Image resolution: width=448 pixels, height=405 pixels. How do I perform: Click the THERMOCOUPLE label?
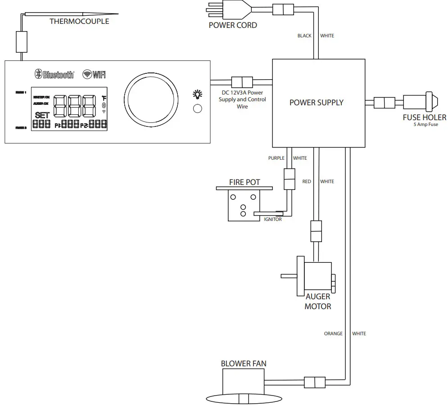79,21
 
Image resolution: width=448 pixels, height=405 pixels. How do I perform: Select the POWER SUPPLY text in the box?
316,103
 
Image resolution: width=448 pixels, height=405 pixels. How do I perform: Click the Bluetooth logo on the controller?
54,74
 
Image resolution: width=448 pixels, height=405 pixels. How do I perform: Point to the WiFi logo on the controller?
95,74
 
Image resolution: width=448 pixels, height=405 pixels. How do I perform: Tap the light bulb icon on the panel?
197,94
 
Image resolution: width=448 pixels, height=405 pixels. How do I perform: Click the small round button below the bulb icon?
197,108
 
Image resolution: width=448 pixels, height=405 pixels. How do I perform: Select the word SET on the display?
42,115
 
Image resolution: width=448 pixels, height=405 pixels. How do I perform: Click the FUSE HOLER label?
424,117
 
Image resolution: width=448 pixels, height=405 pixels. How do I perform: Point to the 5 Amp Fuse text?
425,125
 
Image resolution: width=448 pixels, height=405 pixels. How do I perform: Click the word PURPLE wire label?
276,158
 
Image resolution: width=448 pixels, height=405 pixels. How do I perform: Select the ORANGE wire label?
333,333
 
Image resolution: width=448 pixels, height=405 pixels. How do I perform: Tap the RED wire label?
306,181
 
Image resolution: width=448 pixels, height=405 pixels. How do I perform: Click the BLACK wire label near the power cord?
304,36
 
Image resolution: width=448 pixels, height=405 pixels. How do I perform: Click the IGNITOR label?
273,219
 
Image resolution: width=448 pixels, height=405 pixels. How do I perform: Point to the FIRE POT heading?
244,182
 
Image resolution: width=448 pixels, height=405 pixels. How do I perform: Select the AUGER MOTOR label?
318,301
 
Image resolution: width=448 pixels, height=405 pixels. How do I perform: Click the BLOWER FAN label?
244,364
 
